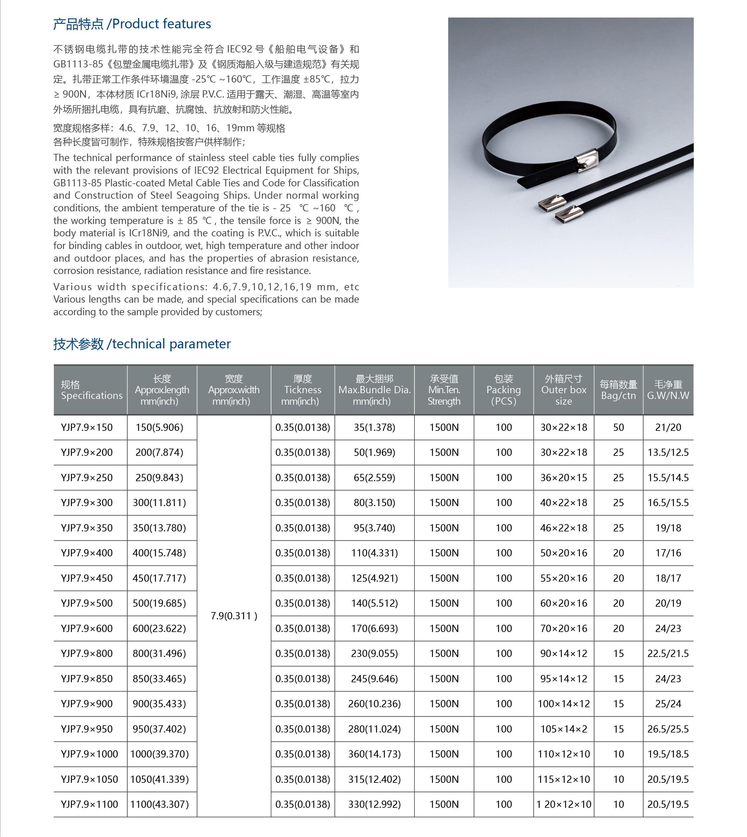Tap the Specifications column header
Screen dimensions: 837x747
click(x=91, y=390)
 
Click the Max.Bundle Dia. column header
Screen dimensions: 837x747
click(x=374, y=390)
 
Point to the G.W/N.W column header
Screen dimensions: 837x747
click(x=668, y=390)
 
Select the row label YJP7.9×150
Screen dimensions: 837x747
click(x=87, y=428)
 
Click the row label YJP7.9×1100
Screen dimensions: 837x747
click(x=89, y=804)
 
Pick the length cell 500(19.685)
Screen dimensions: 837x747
click(x=159, y=603)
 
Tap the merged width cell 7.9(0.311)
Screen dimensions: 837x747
click(x=233, y=616)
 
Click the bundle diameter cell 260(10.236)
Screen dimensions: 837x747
click(x=374, y=704)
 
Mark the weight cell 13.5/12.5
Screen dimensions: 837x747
click(x=668, y=453)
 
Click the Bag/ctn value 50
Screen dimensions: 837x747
click(x=618, y=428)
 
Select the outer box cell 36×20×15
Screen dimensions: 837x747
click(x=564, y=478)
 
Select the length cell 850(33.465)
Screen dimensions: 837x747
click(x=159, y=679)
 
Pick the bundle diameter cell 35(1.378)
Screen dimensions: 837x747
click(x=374, y=428)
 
